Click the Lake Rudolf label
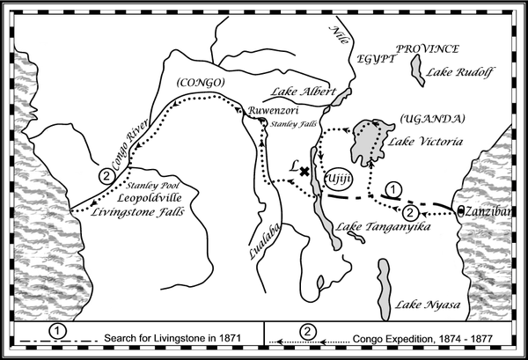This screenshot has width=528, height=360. pyautogui.click(x=460, y=72)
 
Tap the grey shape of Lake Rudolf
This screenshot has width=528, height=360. pyautogui.click(x=417, y=70)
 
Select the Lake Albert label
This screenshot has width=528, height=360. pyautogui.click(x=304, y=92)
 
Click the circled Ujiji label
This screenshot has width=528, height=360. pyautogui.click(x=338, y=179)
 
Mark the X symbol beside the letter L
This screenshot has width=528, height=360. pyautogui.click(x=304, y=172)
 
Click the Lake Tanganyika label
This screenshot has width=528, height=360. pyautogui.click(x=383, y=226)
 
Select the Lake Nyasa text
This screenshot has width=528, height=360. pyautogui.click(x=428, y=305)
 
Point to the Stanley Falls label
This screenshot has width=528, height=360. pyautogui.click(x=294, y=124)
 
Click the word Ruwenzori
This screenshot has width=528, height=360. pyautogui.click(x=273, y=110)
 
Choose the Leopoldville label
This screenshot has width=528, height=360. pyautogui.click(x=150, y=198)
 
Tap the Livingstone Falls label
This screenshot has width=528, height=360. pyautogui.click(x=137, y=212)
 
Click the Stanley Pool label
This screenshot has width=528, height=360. pyautogui.click(x=152, y=186)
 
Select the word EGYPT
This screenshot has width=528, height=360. pyautogui.click(x=375, y=59)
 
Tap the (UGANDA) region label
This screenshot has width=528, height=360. pyautogui.click(x=432, y=119)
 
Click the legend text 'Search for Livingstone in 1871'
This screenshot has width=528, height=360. pyautogui.click(x=172, y=338)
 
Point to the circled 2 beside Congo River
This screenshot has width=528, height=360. pyautogui.click(x=106, y=176)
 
